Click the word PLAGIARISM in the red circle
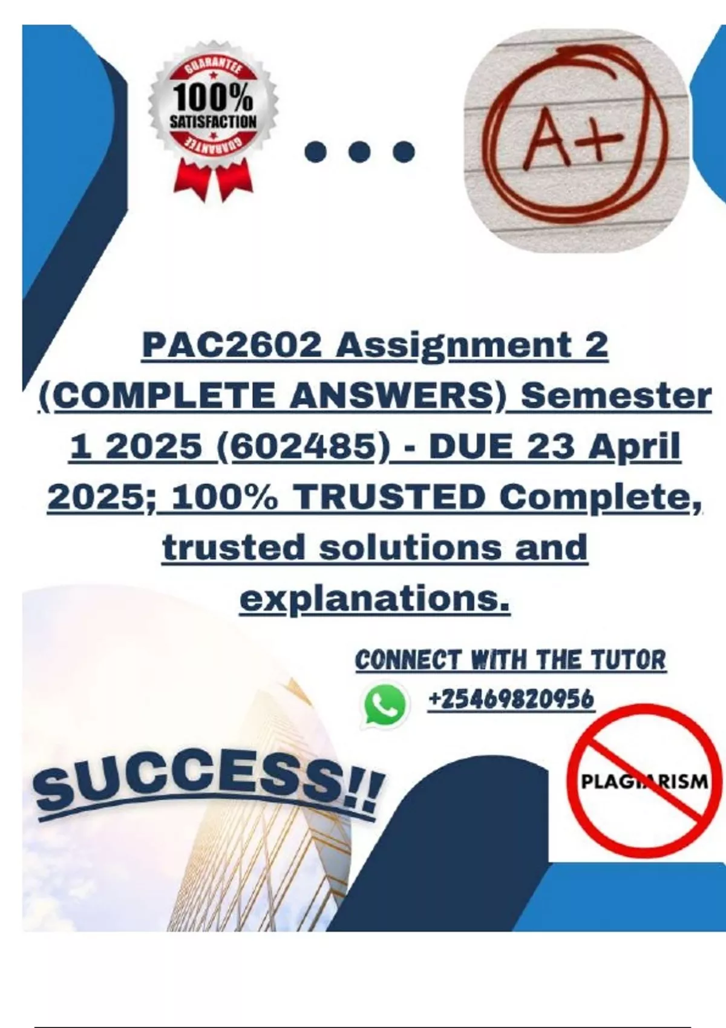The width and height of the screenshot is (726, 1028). click(644, 781)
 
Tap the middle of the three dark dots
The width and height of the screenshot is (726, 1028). click(359, 151)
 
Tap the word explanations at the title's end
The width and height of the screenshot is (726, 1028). click(374, 600)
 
